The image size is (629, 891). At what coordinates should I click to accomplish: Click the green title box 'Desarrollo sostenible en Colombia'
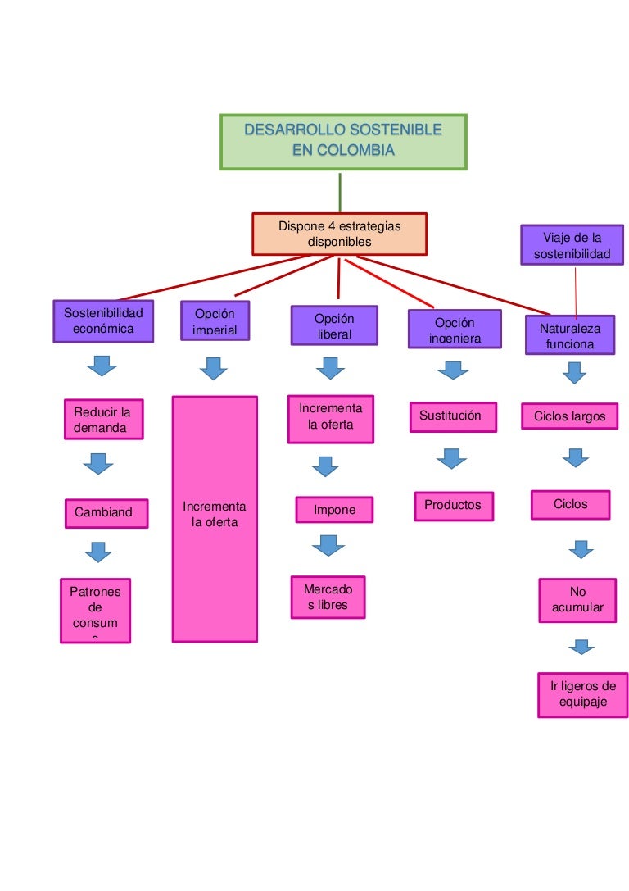click(343, 142)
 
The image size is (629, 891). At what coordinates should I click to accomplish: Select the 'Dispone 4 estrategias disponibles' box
click(339, 234)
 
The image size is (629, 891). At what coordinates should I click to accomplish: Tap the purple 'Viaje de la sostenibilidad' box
click(572, 246)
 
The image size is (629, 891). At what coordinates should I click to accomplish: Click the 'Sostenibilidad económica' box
click(102, 320)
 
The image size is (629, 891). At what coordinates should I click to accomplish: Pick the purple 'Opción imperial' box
click(215, 320)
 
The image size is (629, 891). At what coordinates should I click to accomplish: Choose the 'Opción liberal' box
click(334, 325)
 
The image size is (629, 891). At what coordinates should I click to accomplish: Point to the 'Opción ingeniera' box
click(454, 330)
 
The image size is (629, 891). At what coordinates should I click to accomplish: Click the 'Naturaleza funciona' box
click(570, 335)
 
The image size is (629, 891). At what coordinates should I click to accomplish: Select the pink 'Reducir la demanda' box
click(103, 420)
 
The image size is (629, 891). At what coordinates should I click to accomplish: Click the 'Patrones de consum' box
click(95, 611)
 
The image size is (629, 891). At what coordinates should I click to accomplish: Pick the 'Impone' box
click(334, 510)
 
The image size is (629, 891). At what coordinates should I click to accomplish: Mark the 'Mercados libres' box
click(328, 597)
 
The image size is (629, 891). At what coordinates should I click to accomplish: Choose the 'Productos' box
click(453, 506)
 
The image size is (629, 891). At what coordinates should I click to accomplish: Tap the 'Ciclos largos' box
click(569, 416)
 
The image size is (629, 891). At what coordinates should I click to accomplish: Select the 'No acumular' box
click(577, 600)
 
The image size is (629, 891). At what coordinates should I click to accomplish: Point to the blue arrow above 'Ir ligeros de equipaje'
click(581, 648)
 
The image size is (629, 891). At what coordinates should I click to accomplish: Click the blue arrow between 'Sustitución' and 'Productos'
click(451, 458)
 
